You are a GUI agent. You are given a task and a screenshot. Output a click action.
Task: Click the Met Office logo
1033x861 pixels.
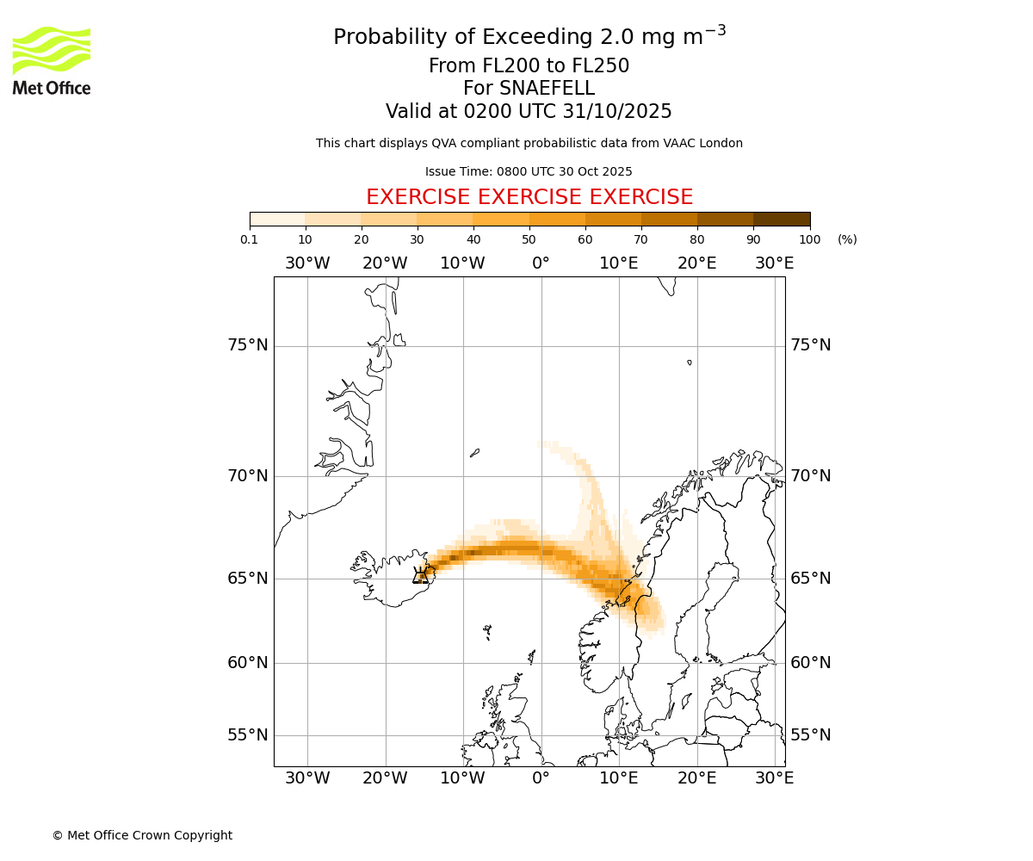[52, 60]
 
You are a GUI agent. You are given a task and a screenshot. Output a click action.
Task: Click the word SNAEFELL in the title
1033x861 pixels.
[550, 89]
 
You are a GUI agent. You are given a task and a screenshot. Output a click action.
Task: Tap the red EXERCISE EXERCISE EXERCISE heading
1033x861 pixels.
[529, 197]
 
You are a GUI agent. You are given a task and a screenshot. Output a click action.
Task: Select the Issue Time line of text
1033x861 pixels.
[529, 171]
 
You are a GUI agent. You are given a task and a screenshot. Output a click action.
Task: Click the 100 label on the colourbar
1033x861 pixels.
[809, 239]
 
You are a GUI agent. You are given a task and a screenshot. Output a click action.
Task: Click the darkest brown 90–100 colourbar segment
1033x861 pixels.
[782, 219]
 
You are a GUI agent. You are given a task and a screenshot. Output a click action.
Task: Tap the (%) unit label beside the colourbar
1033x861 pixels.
[847, 239]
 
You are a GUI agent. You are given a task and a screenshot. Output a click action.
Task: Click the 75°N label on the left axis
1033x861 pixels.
[248, 345]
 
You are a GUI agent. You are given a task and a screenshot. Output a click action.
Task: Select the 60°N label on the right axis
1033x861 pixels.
[811, 663]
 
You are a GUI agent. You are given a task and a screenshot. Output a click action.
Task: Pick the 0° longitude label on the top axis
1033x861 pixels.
[541, 263]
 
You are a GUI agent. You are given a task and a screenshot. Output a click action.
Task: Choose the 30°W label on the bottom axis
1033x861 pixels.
[307, 778]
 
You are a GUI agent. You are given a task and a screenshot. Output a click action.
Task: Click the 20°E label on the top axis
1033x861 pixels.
[697, 263]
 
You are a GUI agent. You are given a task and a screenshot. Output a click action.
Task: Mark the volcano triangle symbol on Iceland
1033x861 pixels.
[421, 575]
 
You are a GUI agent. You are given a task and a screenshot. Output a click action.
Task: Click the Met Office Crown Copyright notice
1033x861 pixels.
[142, 835]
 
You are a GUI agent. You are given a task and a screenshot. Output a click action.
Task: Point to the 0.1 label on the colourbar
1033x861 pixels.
[250, 239]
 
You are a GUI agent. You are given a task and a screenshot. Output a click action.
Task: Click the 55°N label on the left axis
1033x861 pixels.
[248, 735]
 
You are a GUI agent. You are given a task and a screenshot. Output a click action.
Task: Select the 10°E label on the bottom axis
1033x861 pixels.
[619, 778]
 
